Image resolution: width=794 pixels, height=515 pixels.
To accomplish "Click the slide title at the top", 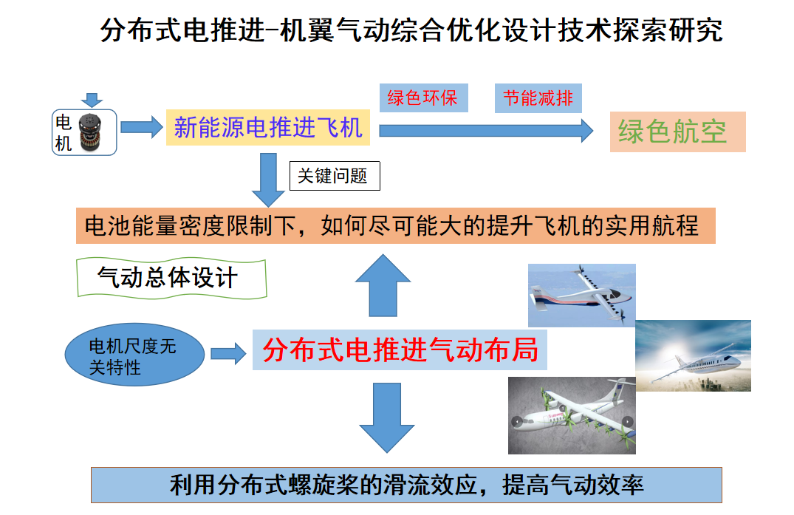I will click(x=411, y=30).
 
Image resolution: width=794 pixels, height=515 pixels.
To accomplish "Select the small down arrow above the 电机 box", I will click(x=91, y=100).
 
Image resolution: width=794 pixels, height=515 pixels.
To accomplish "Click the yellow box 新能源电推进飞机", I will click(x=268, y=127).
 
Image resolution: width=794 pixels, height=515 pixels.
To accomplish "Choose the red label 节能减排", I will click(x=538, y=98).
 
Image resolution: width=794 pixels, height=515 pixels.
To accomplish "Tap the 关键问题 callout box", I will click(x=334, y=176).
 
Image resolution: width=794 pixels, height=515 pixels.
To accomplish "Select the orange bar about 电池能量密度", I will click(x=395, y=225).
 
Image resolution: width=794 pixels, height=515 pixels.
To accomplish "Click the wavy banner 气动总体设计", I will click(x=171, y=278).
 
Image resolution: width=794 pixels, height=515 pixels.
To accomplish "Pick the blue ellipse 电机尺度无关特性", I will click(x=134, y=356).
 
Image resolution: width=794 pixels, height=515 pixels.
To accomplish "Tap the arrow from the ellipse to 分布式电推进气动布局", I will click(x=228, y=353).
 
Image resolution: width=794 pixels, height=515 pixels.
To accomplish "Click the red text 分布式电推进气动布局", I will click(x=400, y=349).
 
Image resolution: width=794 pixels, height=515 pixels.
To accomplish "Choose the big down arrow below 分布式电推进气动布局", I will click(x=386, y=417).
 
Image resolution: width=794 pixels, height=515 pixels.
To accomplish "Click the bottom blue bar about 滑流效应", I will click(x=405, y=485).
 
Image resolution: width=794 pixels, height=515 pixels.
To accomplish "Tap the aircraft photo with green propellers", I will click(x=572, y=415).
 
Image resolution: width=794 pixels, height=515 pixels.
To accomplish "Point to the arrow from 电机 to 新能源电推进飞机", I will click(x=141, y=127).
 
